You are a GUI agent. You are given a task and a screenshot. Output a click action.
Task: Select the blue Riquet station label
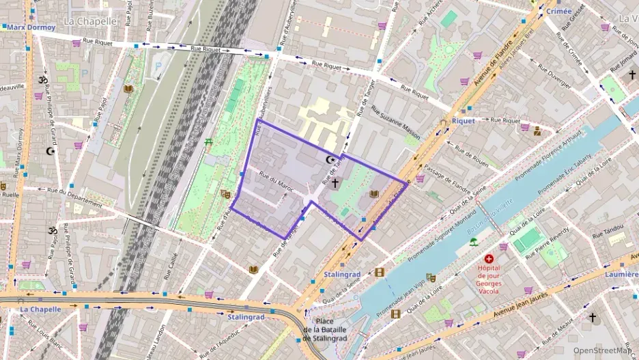(x=464, y=121)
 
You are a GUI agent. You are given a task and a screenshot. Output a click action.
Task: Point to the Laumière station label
(x=621, y=275)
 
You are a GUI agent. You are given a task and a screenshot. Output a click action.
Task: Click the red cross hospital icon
(x=489, y=259)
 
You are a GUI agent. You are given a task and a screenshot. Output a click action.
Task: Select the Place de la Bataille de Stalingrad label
(x=325, y=330)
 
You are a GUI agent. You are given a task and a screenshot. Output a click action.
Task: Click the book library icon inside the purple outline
(x=373, y=194)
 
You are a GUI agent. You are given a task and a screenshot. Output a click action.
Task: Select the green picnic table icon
(x=208, y=142)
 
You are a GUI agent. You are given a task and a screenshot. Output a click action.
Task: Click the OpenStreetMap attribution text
(x=603, y=350)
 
